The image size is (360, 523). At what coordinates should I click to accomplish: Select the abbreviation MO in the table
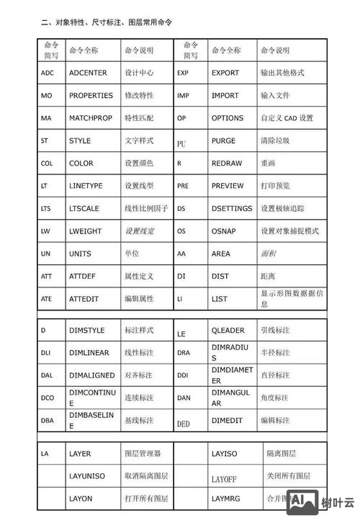(46, 95)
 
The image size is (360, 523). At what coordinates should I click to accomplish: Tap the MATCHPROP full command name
(91, 117)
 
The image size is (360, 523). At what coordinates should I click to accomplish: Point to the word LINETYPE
(86, 186)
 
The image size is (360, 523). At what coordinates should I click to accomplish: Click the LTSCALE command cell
(84, 209)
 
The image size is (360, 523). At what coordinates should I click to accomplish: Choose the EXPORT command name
(225, 73)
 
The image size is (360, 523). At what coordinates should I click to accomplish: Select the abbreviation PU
(181, 143)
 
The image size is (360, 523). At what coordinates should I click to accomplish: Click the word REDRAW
(227, 164)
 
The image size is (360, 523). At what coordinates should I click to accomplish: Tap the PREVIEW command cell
(228, 186)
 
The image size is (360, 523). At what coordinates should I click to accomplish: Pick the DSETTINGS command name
(232, 209)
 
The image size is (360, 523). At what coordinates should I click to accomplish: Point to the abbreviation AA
(181, 254)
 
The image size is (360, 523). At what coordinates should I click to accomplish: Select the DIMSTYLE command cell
(86, 330)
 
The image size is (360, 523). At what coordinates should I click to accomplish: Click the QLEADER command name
(228, 330)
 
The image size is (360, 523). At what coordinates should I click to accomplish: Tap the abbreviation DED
(184, 424)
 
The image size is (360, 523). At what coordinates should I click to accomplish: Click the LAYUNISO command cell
(86, 476)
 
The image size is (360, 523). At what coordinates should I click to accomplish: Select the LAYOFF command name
(224, 478)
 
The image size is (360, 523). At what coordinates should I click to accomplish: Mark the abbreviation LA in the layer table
(45, 454)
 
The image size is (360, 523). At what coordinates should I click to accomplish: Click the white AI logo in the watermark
(300, 502)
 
